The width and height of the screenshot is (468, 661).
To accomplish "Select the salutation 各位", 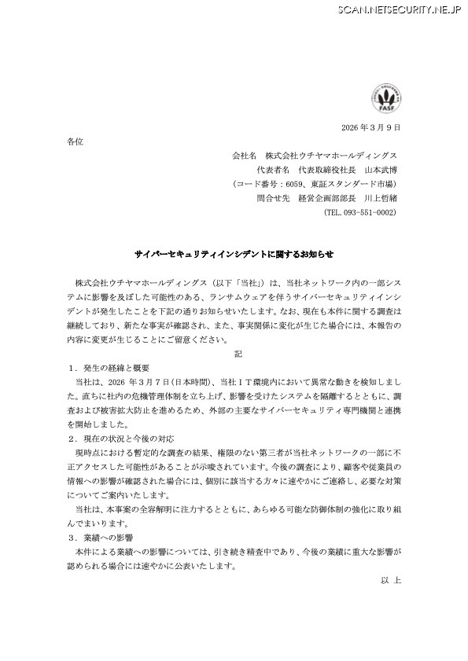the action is click(75, 141).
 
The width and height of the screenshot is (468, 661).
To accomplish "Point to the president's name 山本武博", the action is click(381, 170).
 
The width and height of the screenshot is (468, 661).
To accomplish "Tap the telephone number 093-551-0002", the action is click(365, 212).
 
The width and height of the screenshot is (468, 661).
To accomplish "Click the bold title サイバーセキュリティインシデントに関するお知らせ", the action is click(234, 255).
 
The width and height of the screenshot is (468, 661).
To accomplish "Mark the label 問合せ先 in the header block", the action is click(249, 198).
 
